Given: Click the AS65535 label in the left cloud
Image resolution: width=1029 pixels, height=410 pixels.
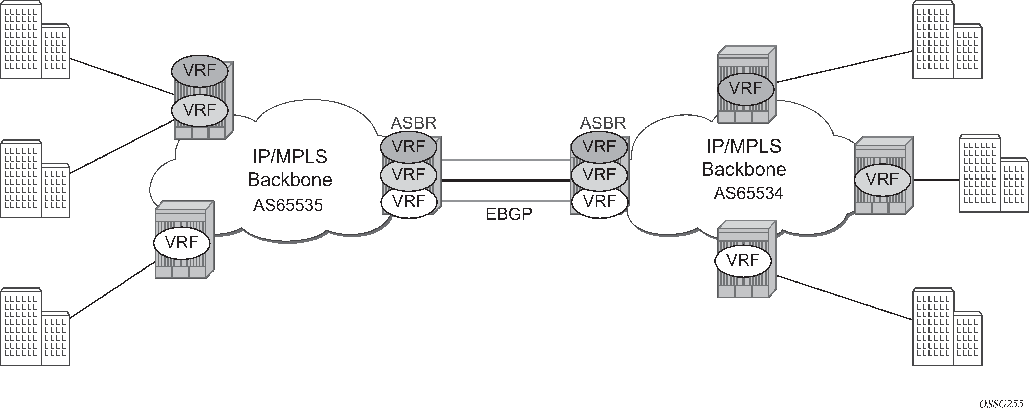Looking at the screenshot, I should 288,205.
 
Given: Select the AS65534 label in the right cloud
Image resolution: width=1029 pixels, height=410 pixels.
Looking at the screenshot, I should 748,193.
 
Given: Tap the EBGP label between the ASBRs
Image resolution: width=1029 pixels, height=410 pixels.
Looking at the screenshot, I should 509,214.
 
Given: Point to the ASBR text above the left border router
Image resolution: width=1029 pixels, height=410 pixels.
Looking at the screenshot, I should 413,123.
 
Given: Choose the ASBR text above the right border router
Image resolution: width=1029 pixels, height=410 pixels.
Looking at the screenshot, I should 603,123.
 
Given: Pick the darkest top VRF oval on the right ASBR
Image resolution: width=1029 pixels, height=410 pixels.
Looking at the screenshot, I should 599,147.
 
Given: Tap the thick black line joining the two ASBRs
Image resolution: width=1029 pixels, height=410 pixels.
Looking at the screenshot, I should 505,181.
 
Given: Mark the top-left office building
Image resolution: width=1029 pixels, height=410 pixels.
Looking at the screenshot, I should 35,40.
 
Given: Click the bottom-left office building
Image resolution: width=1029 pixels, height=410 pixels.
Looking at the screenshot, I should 35,327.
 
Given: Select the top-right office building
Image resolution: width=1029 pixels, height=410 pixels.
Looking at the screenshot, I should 947,40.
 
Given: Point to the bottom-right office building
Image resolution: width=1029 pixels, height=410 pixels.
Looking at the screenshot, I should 947,327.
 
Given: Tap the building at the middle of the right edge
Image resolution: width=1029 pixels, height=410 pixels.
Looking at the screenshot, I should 994,173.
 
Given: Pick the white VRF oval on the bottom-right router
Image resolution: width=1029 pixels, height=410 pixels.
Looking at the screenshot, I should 743,260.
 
